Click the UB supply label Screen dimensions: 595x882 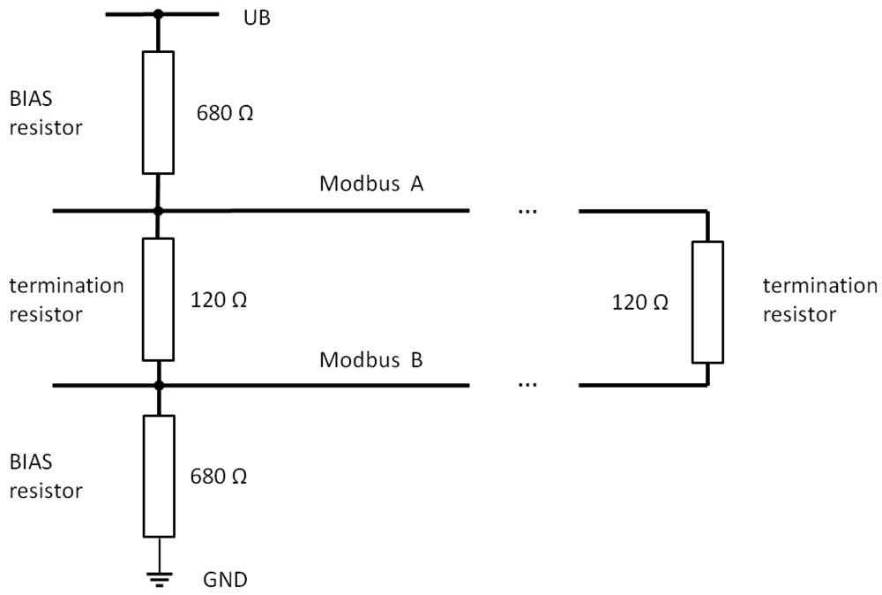tap(258, 17)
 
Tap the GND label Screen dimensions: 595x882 tap(226, 580)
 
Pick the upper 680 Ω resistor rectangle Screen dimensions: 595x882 tap(159, 112)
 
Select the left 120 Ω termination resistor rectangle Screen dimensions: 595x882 tap(159, 298)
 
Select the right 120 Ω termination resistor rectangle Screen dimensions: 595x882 tap(707, 301)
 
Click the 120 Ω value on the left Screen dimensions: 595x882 tap(219, 299)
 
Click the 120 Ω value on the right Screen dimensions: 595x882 tap(640, 302)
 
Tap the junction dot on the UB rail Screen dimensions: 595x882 tap(159, 14)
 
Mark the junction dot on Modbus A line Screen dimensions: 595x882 tap(159, 211)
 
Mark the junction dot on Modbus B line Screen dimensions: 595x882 tap(159, 385)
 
